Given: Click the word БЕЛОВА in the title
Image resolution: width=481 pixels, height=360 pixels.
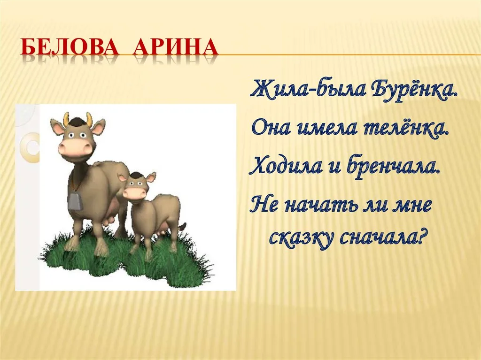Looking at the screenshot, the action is [x=70, y=47].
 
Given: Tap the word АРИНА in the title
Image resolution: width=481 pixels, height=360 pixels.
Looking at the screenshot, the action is [x=175, y=47].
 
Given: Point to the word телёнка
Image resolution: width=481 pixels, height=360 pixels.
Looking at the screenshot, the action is [x=406, y=128].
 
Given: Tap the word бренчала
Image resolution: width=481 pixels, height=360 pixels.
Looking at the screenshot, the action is [x=393, y=167].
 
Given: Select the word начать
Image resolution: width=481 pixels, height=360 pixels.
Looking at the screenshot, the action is [x=321, y=205].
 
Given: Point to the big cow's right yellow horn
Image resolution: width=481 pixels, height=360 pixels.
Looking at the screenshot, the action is [x=89, y=119].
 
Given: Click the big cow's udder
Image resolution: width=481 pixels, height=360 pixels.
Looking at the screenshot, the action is [x=112, y=212].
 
